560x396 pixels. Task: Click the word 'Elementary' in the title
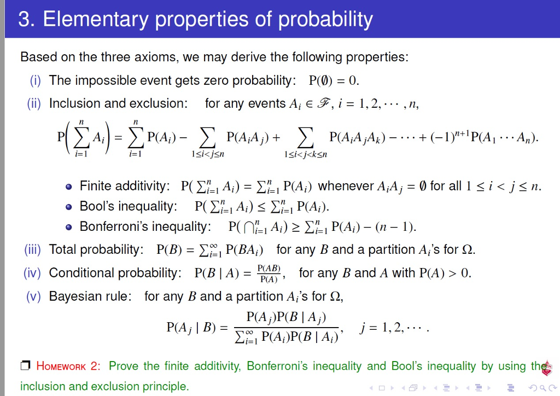click(x=95, y=20)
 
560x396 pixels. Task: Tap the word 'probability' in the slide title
click(x=326, y=20)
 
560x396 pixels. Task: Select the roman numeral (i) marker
click(x=37, y=80)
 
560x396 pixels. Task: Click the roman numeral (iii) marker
click(x=33, y=250)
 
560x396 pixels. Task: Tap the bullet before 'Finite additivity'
click(x=68, y=187)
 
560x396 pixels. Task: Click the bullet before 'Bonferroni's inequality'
click(x=68, y=227)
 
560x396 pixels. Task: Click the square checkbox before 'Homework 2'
click(x=25, y=366)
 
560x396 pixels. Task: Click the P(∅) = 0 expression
click(x=334, y=81)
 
